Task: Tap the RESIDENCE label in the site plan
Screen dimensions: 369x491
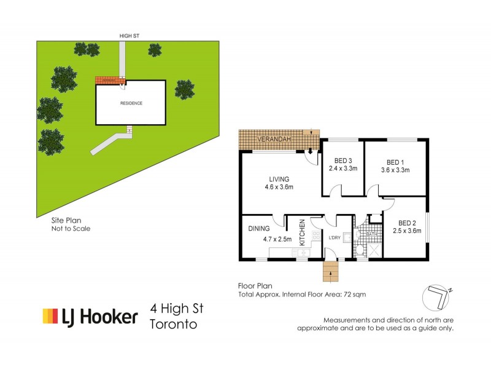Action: pos(131,103)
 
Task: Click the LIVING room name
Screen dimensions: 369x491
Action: pos(277,179)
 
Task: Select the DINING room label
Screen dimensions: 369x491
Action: pos(259,229)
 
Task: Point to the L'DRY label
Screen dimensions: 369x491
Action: pos(334,238)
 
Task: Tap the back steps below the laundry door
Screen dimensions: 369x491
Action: pos(330,271)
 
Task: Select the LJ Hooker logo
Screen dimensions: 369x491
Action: pos(90,317)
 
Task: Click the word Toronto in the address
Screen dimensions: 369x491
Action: pos(174,325)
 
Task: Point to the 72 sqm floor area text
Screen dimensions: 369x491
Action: pos(355,295)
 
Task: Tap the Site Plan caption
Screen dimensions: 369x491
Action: pos(66,219)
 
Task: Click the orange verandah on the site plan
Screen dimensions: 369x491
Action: pos(110,80)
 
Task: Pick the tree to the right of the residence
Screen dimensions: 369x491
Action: pos(185,89)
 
